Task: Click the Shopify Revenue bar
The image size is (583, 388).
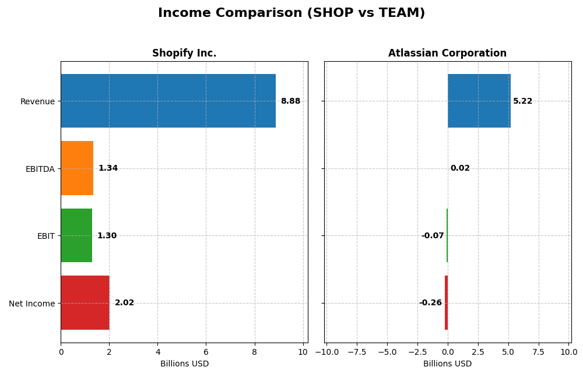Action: [x=168, y=101]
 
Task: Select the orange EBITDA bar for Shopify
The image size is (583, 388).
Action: [x=77, y=168]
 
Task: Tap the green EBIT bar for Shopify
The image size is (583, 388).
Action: [x=76, y=235]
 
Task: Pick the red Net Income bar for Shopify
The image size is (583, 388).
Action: [x=85, y=303]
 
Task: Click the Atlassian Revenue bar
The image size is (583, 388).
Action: [x=479, y=101]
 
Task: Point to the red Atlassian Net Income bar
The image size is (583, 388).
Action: [x=446, y=303]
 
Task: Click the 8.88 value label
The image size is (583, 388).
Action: [x=290, y=101]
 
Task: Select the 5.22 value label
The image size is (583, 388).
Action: [x=522, y=101]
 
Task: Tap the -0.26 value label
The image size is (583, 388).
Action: [x=430, y=303]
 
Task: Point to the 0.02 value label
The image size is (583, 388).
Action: [x=460, y=168]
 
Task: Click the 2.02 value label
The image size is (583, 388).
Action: [x=124, y=303]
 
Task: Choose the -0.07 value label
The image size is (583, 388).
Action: [x=433, y=236]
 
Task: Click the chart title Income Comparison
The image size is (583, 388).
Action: [x=291, y=13]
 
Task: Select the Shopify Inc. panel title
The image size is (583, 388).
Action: [x=184, y=54]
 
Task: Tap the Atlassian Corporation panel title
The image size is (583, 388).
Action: [x=447, y=54]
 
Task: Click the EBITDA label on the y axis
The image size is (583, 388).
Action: [x=40, y=169]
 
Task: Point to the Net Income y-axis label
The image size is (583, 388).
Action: [x=32, y=304]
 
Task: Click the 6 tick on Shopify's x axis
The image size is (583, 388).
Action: [x=206, y=352]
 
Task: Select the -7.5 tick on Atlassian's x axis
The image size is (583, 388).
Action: [x=357, y=352]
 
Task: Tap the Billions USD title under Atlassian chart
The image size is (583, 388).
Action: [x=447, y=364]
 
